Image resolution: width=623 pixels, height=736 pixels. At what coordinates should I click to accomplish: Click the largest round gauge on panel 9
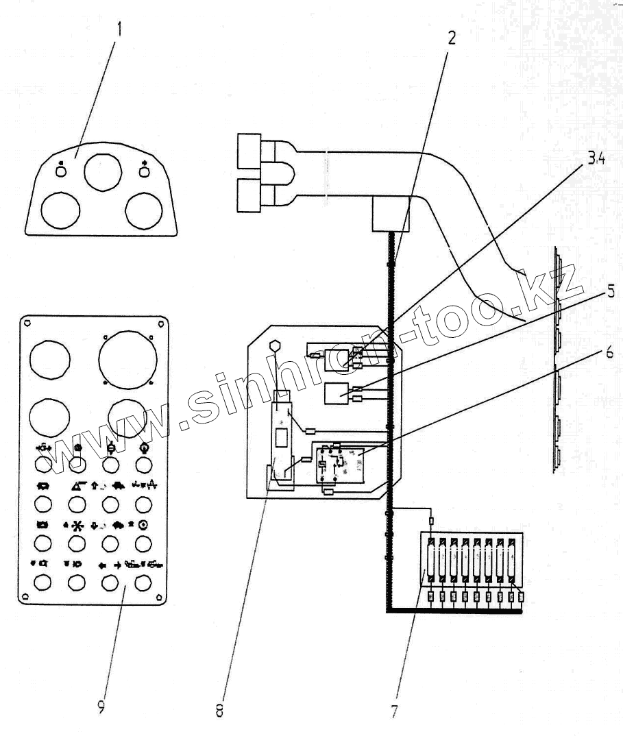127,356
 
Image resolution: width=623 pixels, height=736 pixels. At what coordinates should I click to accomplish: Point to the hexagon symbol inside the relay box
275,347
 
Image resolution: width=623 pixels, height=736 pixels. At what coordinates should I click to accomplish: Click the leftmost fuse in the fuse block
430,563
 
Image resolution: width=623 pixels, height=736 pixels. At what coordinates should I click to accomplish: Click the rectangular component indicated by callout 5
337,395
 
